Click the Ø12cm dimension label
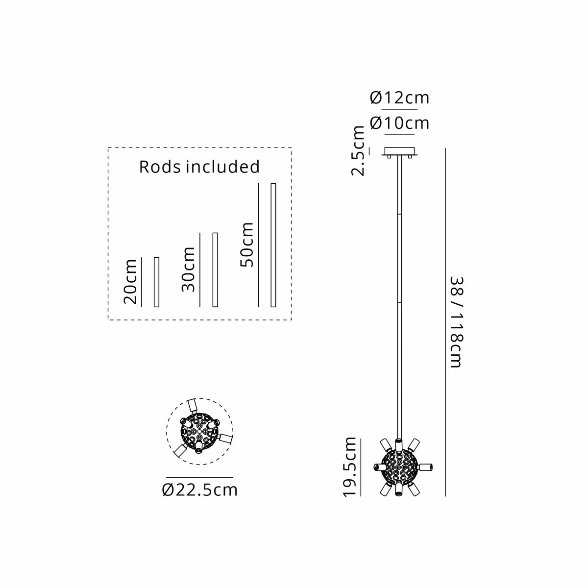click(x=399, y=98)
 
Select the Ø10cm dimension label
click(x=399, y=123)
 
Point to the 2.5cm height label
click(x=358, y=150)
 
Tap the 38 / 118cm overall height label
click(x=457, y=322)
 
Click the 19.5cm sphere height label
click(x=349, y=467)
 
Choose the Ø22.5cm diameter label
click(x=199, y=490)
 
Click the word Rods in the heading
click(x=160, y=167)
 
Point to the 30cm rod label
click(x=188, y=269)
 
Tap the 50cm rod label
click(x=247, y=245)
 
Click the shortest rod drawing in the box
click(x=156, y=282)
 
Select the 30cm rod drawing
click(x=215, y=269)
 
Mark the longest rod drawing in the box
click(x=273, y=245)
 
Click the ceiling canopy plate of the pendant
click(x=399, y=151)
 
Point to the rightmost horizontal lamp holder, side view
click(x=425, y=467)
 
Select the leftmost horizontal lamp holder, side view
click(x=381, y=467)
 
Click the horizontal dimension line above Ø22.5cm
click(x=199, y=477)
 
